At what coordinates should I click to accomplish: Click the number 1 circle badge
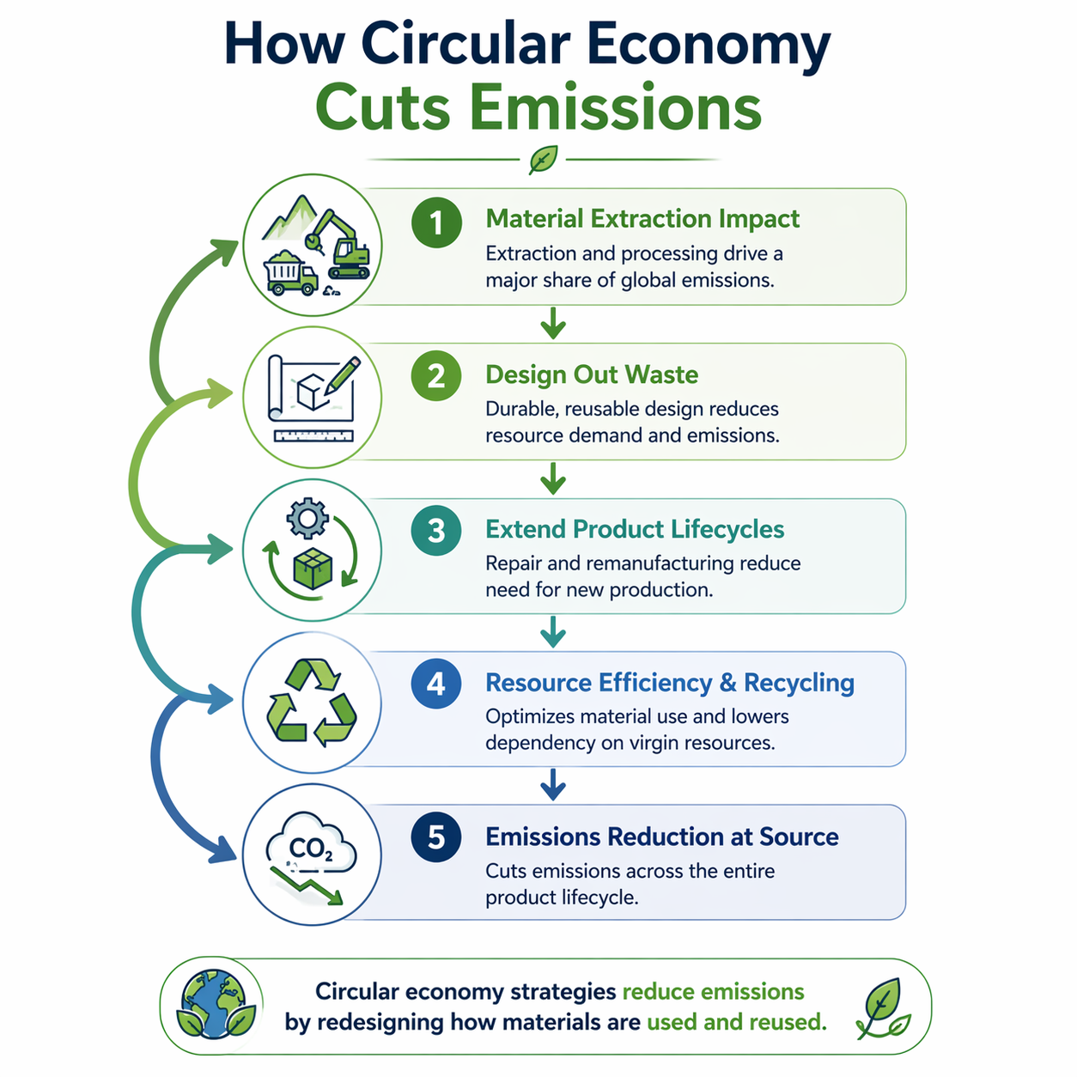[436, 222]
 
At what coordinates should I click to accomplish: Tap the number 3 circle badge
[436, 531]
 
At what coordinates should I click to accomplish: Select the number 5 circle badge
[436, 837]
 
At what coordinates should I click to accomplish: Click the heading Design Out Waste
[592, 374]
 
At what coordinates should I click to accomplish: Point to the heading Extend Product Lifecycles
[635, 529]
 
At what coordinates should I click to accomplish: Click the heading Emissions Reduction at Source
[661, 837]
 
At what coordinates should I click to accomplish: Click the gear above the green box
[307, 520]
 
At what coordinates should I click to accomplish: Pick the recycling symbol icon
[311, 702]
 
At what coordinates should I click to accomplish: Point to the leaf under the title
[543, 159]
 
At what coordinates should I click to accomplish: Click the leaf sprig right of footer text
[883, 1007]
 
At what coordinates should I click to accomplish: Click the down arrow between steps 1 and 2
[553, 324]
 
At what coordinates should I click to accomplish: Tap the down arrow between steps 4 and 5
[553, 784]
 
